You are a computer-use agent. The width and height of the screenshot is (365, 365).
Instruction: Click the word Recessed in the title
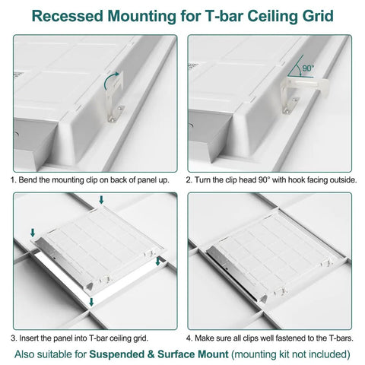point(68,16)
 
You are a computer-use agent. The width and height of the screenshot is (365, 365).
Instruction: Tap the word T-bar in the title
point(224,16)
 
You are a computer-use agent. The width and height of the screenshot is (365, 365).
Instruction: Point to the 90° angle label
point(308,68)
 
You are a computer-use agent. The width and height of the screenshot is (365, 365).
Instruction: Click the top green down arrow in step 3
point(101,199)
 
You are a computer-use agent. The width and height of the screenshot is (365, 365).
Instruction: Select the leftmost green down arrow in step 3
point(33,233)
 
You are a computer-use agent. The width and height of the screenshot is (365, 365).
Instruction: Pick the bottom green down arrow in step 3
point(91,302)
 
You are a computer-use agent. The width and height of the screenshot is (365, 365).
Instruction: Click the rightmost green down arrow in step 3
point(158,262)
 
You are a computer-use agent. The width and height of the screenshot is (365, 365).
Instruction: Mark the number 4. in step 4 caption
point(189,338)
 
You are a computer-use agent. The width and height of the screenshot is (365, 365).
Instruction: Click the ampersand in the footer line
point(151,354)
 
